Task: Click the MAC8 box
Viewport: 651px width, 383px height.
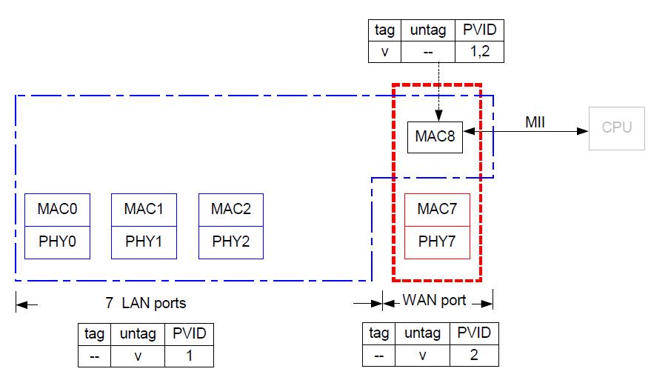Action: (x=435, y=136)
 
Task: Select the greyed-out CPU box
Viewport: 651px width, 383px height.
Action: (x=616, y=127)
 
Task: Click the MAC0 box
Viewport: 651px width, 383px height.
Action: (x=57, y=210)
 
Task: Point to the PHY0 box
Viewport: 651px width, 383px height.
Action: (x=57, y=242)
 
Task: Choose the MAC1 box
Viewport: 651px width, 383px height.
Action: (x=144, y=210)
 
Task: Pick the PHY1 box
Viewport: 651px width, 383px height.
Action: (x=144, y=242)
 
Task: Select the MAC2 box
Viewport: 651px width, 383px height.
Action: (x=231, y=210)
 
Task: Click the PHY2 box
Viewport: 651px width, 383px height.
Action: (x=231, y=242)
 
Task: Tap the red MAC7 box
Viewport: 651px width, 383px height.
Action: (x=437, y=210)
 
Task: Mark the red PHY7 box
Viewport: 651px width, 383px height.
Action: (x=437, y=242)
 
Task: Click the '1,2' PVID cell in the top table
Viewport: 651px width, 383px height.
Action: (x=479, y=52)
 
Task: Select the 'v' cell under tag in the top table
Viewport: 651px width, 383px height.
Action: (x=384, y=52)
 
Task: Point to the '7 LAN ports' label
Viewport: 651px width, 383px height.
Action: (x=145, y=303)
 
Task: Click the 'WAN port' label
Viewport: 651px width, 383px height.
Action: (x=434, y=301)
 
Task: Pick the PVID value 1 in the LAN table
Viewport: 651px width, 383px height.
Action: (x=189, y=356)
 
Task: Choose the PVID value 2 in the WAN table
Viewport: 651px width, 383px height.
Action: (x=474, y=355)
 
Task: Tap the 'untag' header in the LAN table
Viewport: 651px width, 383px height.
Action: (x=137, y=334)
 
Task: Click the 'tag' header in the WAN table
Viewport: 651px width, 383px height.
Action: (x=379, y=333)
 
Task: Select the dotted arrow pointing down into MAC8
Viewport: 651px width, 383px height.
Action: (x=438, y=89)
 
